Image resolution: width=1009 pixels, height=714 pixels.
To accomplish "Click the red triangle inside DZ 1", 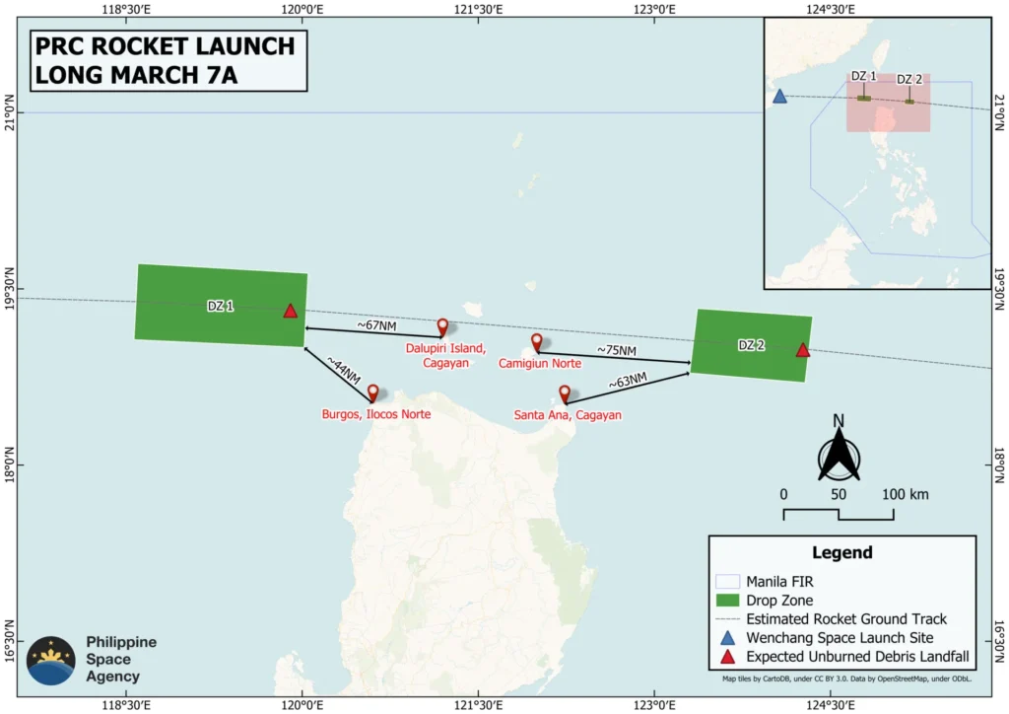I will pyautogui.click(x=290, y=311).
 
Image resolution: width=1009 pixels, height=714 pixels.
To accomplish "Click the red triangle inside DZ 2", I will pyautogui.click(x=803, y=350).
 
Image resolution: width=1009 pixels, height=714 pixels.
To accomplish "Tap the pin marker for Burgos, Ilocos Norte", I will pyautogui.click(x=373, y=393).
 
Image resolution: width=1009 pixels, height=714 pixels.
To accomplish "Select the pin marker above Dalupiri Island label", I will pyautogui.click(x=442, y=326).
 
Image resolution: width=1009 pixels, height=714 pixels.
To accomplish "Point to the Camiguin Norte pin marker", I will pyautogui.click(x=537, y=342).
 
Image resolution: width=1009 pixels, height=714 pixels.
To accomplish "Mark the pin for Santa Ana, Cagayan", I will pyautogui.click(x=565, y=393).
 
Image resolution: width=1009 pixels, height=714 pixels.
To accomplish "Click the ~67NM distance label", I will pyautogui.click(x=375, y=324).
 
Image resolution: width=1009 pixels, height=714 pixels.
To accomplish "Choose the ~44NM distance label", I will pyautogui.click(x=344, y=372).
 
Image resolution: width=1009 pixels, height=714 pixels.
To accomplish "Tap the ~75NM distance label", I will pyautogui.click(x=617, y=350).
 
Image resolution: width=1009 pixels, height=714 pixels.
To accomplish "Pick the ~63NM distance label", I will pyautogui.click(x=628, y=381).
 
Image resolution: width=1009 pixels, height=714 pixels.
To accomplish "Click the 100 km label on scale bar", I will pyautogui.click(x=904, y=494).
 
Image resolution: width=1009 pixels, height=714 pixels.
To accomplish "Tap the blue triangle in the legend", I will pyautogui.click(x=727, y=638).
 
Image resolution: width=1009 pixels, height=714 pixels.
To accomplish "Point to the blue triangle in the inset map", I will pyautogui.click(x=779, y=97).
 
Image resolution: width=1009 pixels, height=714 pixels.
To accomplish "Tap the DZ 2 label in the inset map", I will pyautogui.click(x=909, y=80).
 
